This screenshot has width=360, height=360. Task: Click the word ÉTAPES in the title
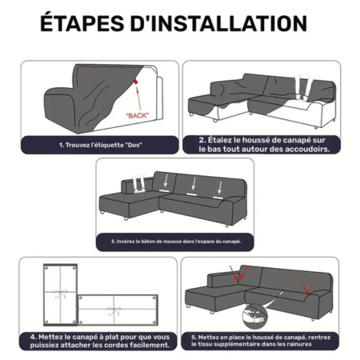(82, 22)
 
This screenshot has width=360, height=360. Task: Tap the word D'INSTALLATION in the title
(218, 23)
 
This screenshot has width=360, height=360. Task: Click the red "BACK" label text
(138, 116)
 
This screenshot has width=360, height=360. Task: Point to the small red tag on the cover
(136, 81)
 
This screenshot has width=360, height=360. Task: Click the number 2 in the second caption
(202, 140)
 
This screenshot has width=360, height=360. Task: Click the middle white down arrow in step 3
(194, 184)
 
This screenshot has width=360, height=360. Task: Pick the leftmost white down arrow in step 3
(166, 181)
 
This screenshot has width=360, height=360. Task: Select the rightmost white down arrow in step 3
(220, 188)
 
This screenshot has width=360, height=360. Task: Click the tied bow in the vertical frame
(60, 294)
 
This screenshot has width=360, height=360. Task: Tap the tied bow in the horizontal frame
(114, 310)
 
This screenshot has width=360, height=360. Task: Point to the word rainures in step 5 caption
(299, 344)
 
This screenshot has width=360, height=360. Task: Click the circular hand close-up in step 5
(254, 318)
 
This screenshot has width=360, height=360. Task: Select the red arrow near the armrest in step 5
(306, 287)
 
